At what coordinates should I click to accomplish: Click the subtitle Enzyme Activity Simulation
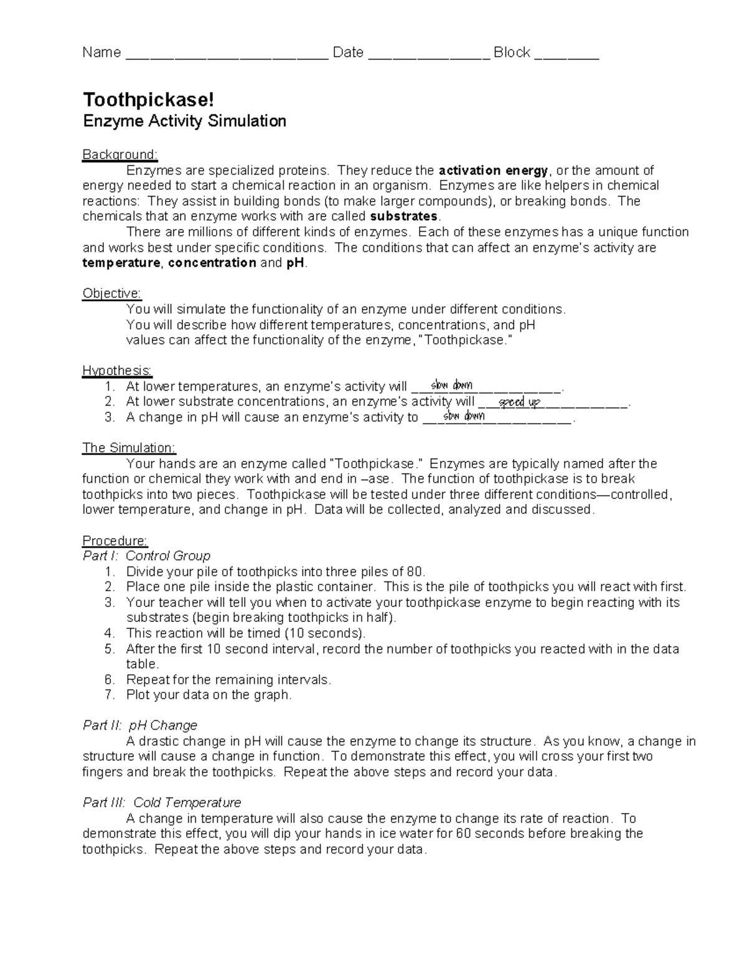click(x=184, y=121)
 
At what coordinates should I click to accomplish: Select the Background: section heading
click(x=120, y=154)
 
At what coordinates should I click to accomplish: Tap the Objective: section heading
click(x=112, y=294)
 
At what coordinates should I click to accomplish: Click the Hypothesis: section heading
click(x=117, y=371)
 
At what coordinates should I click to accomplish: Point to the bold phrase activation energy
click(x=493, y=170)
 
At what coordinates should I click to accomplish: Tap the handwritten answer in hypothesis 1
click(x=451, y=386)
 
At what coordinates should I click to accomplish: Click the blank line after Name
click(x=227, y=55)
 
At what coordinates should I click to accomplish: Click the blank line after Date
click(x=429, y=55)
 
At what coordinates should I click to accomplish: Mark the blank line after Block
click(x=566, y=55)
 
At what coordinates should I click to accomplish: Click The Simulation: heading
click(x=129, y=448)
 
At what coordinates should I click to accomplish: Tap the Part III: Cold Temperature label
click(x=162, y=803)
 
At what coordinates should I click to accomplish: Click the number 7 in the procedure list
click(x=110, y=695)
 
